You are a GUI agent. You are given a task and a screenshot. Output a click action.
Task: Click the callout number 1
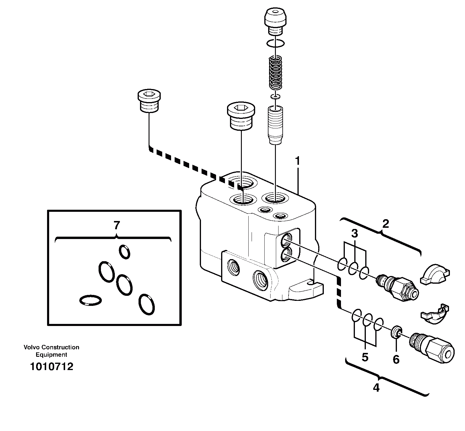coord(297,161)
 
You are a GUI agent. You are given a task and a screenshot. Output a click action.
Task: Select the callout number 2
coord(385,224)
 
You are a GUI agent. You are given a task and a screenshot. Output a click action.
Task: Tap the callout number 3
coord(355,234)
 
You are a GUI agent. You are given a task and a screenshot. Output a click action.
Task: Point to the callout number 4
coord(376,388)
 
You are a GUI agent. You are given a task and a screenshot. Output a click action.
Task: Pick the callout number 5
coord(365,357)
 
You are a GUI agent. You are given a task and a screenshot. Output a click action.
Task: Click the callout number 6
coord(396,359)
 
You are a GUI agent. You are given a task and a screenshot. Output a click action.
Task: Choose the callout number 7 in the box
coord(117,225)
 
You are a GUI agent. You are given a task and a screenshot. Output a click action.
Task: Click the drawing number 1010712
coord(52,367)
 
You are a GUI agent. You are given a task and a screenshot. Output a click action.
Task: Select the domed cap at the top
coord(275,18)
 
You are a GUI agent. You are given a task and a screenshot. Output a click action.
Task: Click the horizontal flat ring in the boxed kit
coord(91,300)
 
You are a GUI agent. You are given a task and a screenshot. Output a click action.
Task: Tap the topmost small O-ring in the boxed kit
coord(124,252)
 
